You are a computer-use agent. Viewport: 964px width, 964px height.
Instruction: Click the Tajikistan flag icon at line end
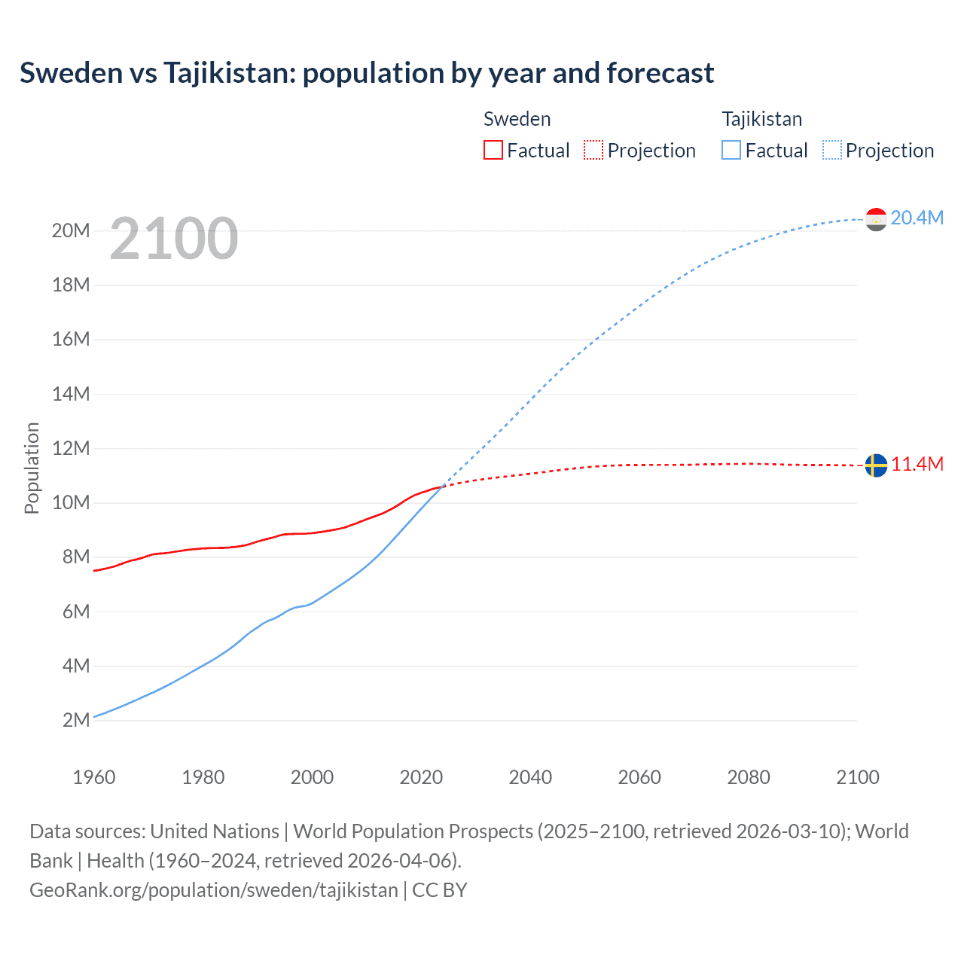click(876, 219)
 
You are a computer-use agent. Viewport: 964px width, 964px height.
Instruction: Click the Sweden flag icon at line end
click(876, 465)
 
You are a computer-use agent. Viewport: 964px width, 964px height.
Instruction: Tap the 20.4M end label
click(917, 218)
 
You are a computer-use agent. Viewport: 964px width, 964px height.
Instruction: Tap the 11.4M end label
click(917, 464)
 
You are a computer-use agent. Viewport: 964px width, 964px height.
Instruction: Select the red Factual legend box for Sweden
click(493, 150)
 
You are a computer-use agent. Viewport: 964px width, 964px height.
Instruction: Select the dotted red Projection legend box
click(593, 150)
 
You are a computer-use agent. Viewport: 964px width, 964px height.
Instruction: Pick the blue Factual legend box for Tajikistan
click(731, 150)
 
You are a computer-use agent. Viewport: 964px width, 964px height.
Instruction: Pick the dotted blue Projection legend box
click(832, 150)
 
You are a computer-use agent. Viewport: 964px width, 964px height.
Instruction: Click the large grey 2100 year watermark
click(174, 239)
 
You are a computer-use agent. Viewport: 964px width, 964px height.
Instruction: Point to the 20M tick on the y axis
click(71, 230)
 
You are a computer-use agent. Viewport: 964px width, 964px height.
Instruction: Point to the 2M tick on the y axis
click(76, 720)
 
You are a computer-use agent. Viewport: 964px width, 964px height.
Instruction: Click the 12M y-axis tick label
click(71, 448)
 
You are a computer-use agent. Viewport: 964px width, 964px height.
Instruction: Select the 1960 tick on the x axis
click(94, 777)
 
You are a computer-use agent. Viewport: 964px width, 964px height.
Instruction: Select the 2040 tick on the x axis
click(530, 777)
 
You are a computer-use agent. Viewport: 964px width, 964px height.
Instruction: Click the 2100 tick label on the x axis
click(857, 777)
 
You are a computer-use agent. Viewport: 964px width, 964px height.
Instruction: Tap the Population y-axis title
click(32, 468)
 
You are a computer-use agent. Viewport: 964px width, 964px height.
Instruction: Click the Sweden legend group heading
click(517, 119)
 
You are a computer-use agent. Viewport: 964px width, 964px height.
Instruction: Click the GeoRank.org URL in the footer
click(213, 889)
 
